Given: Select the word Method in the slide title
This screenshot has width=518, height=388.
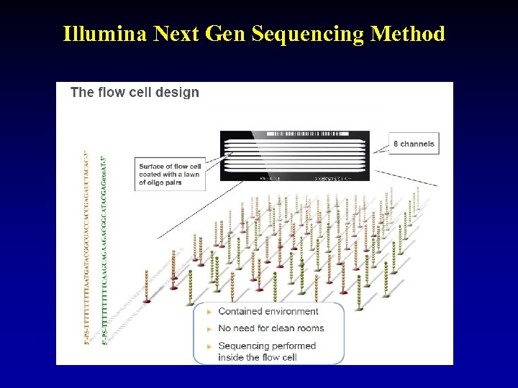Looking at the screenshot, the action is (409, 34).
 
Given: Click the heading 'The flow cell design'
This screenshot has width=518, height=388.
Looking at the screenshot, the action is (135, 92).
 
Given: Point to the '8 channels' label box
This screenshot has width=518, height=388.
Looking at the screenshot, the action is (414, 144).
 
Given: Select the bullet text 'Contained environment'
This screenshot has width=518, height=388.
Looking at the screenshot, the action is (268, 311).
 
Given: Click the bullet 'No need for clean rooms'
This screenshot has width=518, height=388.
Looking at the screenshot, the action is (271, 328).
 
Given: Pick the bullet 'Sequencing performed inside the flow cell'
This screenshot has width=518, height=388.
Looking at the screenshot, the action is (267, 351).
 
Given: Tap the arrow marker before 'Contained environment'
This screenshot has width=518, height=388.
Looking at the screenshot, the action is (209, 312).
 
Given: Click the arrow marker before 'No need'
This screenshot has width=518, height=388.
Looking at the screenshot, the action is (209, 329).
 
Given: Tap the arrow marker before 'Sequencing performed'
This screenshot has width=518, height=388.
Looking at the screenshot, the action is (209, 346).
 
